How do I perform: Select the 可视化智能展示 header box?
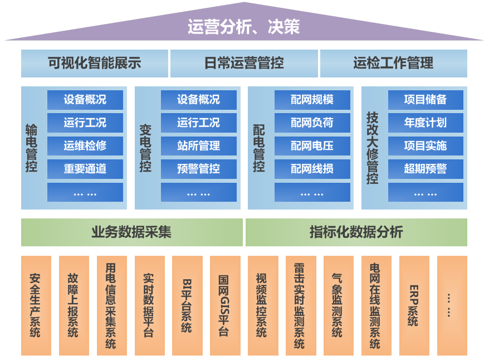click(x=94, y=64)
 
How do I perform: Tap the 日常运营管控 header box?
click(x=244, y=64)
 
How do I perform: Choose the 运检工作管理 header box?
click(x=393, y=64)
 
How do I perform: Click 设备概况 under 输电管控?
click(x=85, y=100)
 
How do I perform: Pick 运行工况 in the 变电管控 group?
click(x=198, y=123)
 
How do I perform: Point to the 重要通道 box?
click(x=85, y=168)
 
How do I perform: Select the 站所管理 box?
click(x=198, y=145)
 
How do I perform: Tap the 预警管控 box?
click(x=198, y=168)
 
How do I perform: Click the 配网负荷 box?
click(x=312, y=123)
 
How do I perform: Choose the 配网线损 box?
click(x=312, y=168)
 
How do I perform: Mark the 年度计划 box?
click(x=426, y=123)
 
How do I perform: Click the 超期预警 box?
click(x=426, y=168)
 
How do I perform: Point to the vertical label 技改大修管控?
click(x=372, y=148)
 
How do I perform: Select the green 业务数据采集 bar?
click(x=131, y=232)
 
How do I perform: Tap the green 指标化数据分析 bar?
click(x=356, y=232)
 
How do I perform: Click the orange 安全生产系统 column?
click(x=36, y=305)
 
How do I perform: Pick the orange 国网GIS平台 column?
click(x=225, y=305)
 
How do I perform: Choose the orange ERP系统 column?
click(x=414, y=305)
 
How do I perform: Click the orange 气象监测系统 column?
click(x=338, y=305)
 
